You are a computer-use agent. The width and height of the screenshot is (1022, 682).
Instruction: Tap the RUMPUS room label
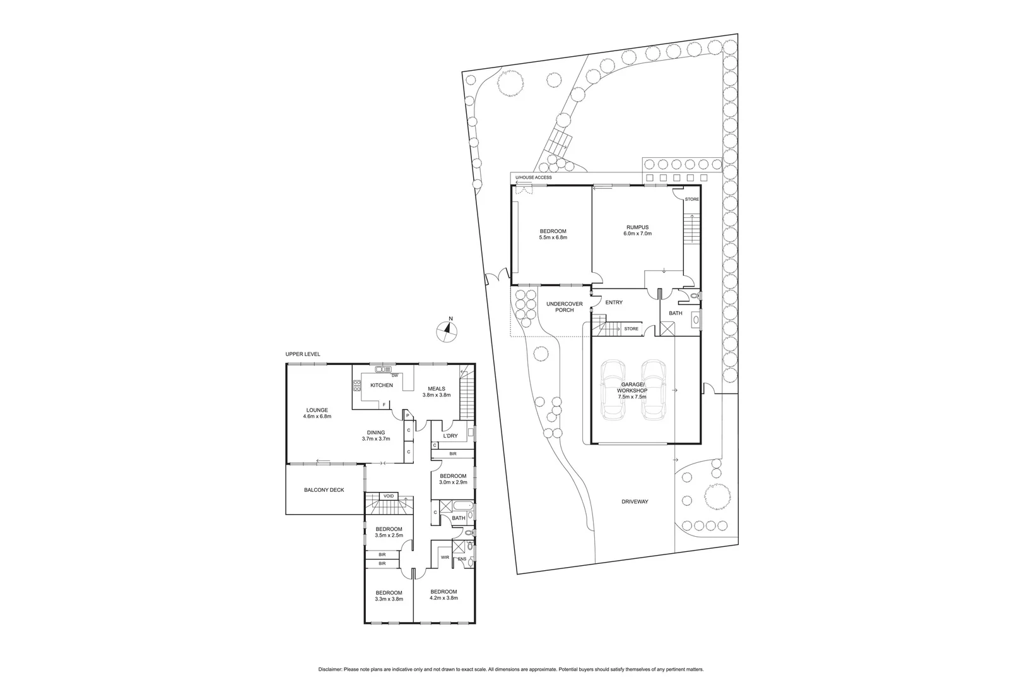point(637,227)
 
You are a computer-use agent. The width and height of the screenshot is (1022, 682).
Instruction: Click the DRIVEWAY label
point(634,501)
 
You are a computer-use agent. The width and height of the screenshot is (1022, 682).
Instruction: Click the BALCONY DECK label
point(324,489)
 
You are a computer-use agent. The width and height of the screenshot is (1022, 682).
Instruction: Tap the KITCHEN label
point(381,385)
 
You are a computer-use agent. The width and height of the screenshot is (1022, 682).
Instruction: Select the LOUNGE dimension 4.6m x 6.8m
point(317,416)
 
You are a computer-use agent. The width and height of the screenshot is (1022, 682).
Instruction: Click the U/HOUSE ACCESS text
point(533,177)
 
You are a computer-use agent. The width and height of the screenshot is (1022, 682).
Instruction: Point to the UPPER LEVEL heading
point(303,354)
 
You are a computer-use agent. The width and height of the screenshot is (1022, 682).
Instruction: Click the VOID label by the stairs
point(389,496)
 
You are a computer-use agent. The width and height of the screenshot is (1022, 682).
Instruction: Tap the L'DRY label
point(450,436)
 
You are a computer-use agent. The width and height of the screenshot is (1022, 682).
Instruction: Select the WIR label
point(445,557)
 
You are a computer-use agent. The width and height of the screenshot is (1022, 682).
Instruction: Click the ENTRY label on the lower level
point(614,302)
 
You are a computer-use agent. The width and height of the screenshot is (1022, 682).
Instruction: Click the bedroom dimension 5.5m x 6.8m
point(553,237)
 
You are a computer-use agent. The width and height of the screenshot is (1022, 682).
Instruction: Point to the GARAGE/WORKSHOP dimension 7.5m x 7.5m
point(631,397)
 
